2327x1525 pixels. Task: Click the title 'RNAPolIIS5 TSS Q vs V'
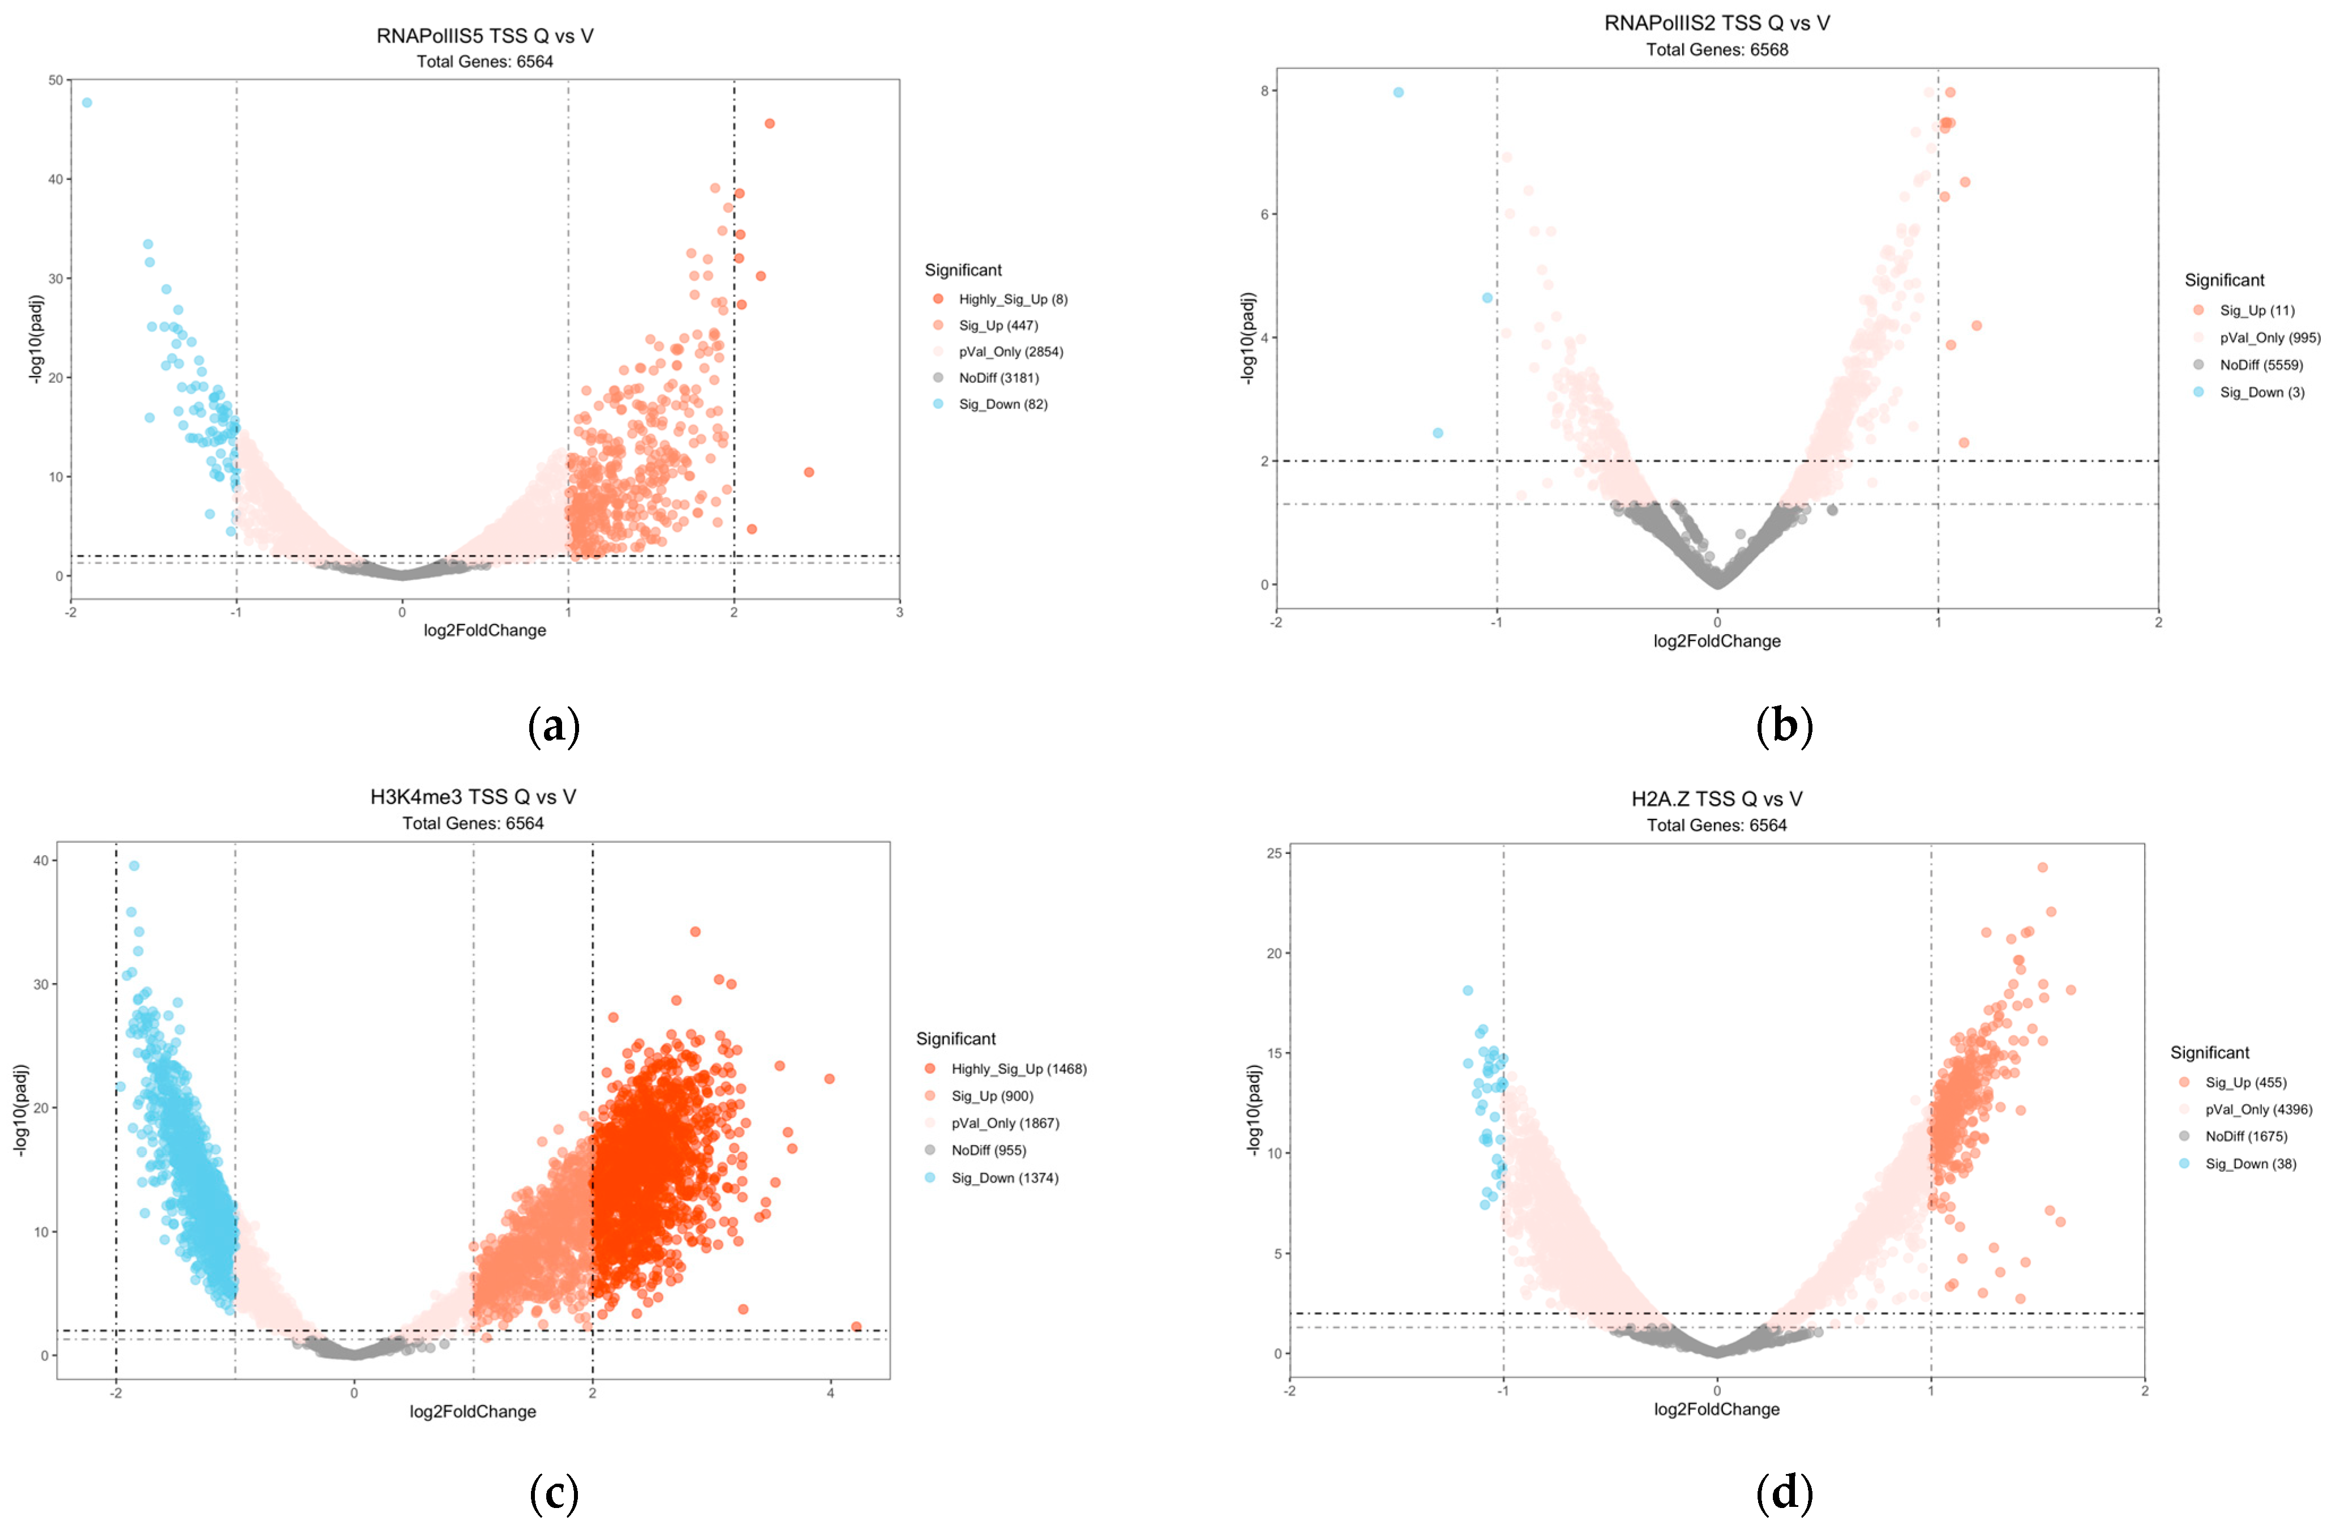[485, 36]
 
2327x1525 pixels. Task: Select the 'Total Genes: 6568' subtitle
[1717, 50]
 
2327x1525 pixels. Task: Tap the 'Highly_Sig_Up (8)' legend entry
[1012, 300]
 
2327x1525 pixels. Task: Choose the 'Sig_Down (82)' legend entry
[1002, 404]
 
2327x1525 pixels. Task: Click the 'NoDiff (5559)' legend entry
[2261, 365]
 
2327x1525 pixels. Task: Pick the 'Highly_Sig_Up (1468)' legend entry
[1018, 1069]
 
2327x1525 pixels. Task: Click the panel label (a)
[554, 727]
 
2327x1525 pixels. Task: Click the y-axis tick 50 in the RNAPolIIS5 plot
[55, 80]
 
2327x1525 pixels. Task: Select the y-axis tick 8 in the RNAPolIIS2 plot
[1264, 91]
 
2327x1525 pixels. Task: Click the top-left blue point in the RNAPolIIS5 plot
[87, 102]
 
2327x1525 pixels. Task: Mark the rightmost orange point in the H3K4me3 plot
[856, 1326]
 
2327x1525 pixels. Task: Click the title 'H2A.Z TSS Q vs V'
[1717, 799]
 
